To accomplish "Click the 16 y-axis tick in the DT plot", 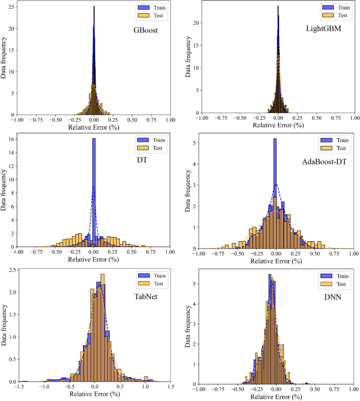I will [10, 139].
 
